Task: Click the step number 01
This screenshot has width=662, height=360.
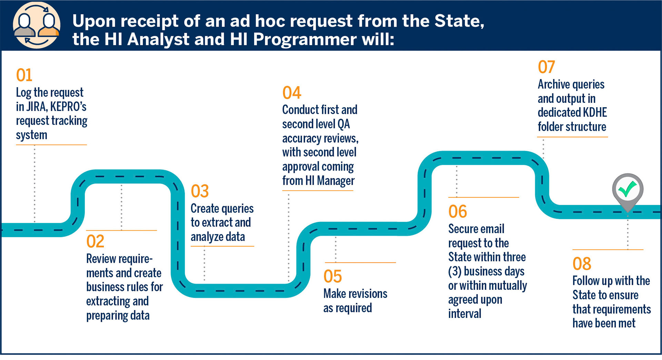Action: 24,75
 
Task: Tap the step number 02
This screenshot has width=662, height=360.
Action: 95,241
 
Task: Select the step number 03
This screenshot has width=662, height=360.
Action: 200,191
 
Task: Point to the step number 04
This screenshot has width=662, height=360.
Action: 292,93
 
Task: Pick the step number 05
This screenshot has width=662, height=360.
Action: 333,276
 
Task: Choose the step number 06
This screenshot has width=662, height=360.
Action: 458,211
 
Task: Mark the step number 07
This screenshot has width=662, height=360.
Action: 546,67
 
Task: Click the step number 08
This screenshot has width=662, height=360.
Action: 582,264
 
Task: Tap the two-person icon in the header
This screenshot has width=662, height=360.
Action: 37,25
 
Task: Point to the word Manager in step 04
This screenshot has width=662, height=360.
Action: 336,181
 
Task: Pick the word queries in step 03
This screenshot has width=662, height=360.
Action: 238,209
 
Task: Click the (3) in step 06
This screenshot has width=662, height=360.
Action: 455,271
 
